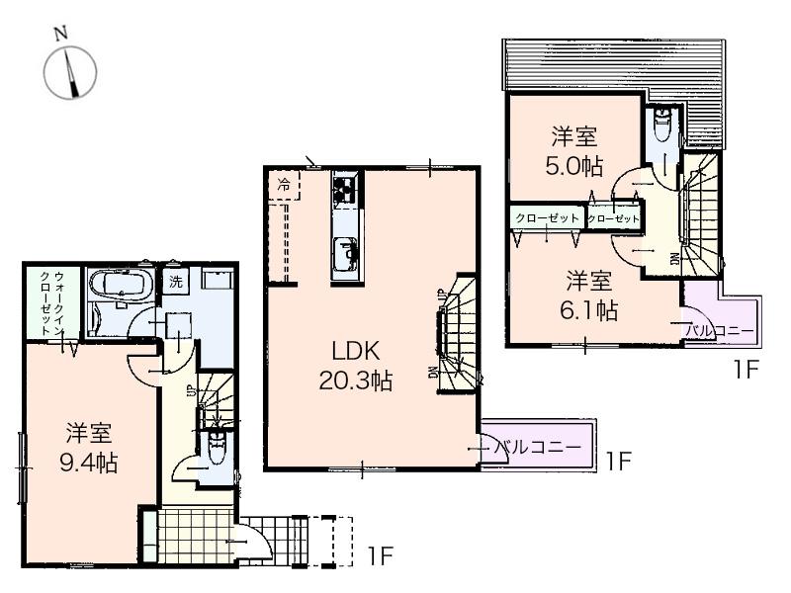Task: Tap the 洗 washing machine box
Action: pyautogui.click(x=174, y=280)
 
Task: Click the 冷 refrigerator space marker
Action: pyautogui.click(x=285, y=184)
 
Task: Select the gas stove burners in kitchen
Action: pyautogui.click(x=346, y=189)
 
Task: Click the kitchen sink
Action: pyautogui.click(x=347, y=256)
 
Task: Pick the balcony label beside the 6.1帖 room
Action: pyautogui.click(x=721, y=329)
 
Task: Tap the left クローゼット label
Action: pyautogui.click(x=546, y=216)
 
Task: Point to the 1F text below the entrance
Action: pyautogui.click(x=381, y=555)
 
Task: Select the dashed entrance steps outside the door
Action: pyautogui.click(x=316, y=539)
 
